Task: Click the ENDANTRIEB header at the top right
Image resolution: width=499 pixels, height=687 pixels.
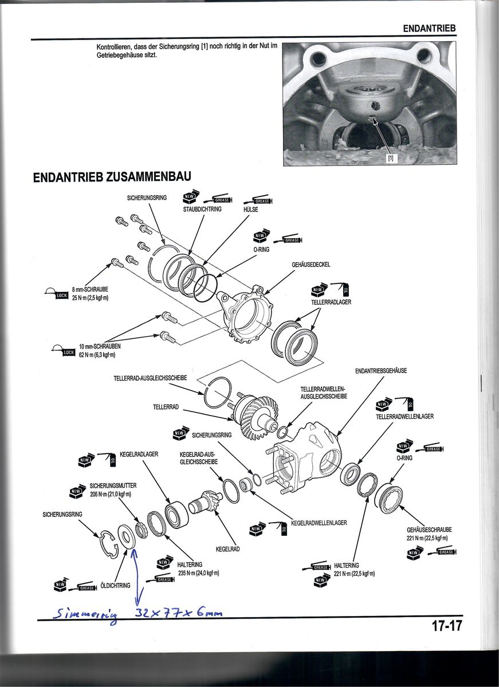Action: (x=430, y=28)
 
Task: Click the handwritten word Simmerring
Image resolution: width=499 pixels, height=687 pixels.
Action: (x=85, y=615)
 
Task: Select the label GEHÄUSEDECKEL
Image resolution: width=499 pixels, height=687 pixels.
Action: (x=311, y=264)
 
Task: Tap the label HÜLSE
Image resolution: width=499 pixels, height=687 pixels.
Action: (x=250, y=210)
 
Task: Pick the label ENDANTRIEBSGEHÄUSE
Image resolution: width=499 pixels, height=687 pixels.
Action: (x=381, y=371)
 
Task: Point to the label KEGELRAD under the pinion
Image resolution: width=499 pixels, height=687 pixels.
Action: (x=227, y=549)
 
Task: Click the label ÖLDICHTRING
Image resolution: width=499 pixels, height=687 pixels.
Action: (x=115, y=585)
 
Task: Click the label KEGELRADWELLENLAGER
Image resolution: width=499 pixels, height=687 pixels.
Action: (x=319, y=523)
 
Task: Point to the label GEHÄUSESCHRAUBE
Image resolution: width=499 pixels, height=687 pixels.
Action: (x=429, y=530)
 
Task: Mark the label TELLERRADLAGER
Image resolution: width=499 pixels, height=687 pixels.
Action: (x=331, y=301)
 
